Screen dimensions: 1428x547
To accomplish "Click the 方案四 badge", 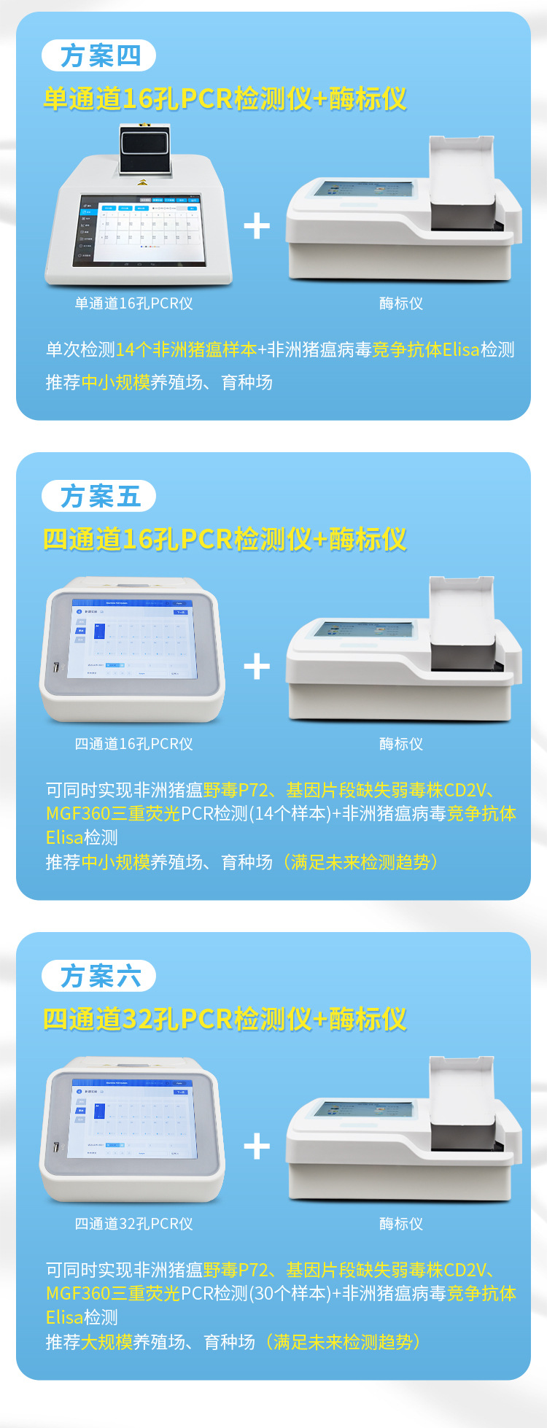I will [x=99, y=55].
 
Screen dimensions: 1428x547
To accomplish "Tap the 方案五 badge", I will [x=99, y=496].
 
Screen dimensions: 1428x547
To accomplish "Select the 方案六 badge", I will [x=99, y=976].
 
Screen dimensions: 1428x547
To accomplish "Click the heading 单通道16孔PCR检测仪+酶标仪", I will [x=225, y=98].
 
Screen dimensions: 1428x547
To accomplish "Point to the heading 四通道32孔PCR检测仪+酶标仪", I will [x=225, y=1019].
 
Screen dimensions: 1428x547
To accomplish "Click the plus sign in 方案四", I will [x=257, y=226].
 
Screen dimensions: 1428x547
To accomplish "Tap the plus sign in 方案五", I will [x=257, y=667].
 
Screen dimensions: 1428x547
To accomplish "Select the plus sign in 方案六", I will [x=257, y=1146].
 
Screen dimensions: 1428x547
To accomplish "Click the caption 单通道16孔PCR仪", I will [x=133, y=303].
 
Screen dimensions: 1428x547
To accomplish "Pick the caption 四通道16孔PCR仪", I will [x=133, y=744].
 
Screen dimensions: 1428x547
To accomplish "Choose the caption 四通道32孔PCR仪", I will [x=133, y=1224].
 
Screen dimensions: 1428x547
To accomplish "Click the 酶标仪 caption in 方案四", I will [x=401, y=303].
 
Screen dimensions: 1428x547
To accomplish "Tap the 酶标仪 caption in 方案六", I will [x=401, y=1224].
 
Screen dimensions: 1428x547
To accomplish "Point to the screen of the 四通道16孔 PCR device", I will [x=132, y=638].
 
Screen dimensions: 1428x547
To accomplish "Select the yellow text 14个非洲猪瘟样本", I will [x=186, y=350].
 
